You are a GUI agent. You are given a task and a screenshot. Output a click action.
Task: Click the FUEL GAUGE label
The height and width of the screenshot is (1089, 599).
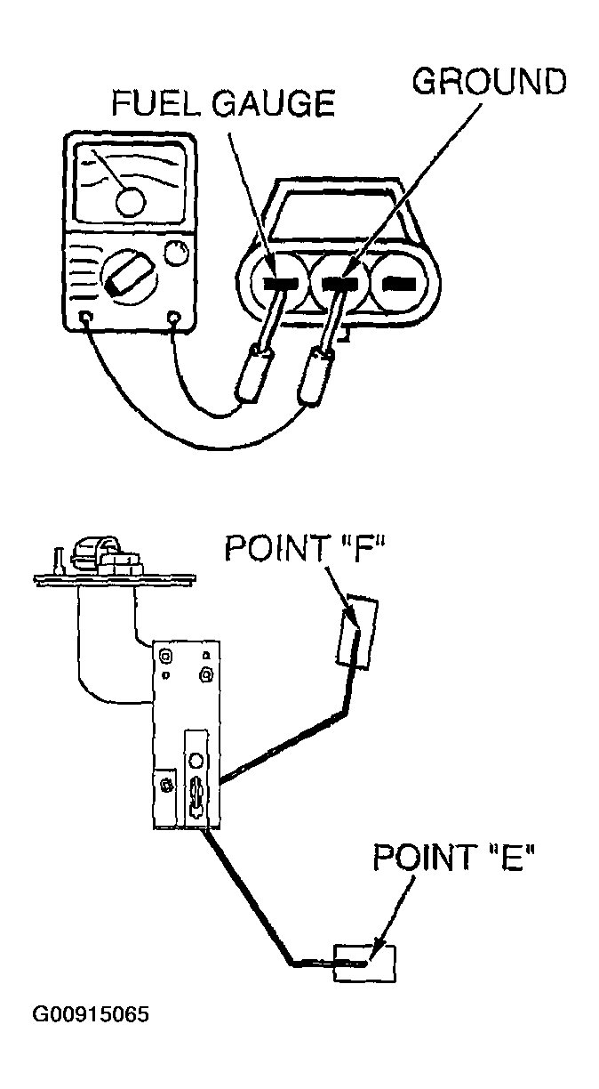tap(223, 102)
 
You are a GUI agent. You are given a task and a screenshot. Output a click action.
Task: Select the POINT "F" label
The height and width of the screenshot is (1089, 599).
tap(305, 548)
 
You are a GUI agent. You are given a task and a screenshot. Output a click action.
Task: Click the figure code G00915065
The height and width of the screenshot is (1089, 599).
tap(91, 1014)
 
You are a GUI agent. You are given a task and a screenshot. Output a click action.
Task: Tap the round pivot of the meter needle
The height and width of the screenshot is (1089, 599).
tap(130, 202)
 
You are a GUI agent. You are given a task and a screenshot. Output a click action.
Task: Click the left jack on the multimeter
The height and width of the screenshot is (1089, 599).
tap(86, 318)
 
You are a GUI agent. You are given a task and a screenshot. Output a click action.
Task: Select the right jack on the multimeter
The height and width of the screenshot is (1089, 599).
tap(173, 318)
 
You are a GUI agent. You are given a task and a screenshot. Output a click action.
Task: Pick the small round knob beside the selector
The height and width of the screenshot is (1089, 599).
tap(176, 253)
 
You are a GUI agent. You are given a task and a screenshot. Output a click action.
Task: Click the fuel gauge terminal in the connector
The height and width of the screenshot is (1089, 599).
tap(279, 283)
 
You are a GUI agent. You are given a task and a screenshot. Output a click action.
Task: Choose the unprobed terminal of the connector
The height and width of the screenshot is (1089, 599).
tap(399, 283)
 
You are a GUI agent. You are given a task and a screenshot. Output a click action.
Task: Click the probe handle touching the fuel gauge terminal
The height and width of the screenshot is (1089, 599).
tap(254, 373)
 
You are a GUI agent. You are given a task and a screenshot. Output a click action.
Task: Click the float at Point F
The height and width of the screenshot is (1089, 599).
tap(357, 632)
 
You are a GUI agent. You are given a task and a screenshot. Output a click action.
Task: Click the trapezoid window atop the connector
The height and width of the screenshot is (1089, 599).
tap(339, 215)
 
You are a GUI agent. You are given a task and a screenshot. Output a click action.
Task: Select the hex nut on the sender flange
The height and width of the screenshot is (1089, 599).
tap(120, 564)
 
